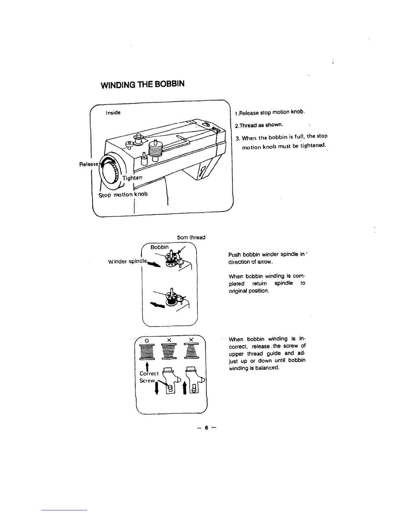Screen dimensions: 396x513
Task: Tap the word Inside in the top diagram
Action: coord(113,113)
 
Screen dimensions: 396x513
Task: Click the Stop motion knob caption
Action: coord(123,194)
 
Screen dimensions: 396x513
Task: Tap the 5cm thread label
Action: coord(191,237)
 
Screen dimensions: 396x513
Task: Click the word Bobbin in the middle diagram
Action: coord(159,247)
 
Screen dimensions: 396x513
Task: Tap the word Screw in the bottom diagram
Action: coord(148,381)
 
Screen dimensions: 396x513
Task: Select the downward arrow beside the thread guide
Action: coord(157,387)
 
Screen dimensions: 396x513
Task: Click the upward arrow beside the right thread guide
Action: coord(185,387)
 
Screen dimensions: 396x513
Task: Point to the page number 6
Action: coord(205,428)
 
